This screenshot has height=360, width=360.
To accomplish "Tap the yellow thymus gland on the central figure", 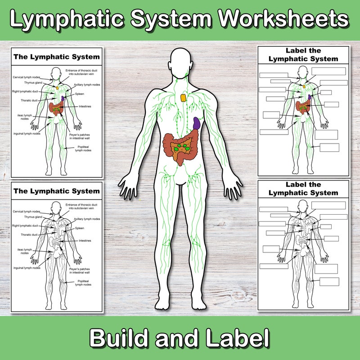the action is (184, 97).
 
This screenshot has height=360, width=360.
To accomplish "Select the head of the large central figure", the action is (183, 63).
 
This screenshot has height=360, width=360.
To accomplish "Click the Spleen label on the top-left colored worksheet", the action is (79, 94).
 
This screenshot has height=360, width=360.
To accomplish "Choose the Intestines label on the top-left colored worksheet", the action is (85, 106).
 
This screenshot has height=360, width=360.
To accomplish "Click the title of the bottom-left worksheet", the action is (56, 191).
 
